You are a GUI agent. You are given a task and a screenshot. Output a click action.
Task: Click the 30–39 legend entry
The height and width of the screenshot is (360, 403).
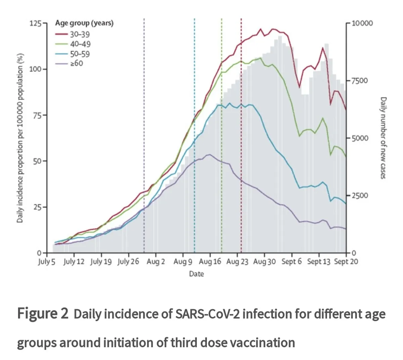(80, 34)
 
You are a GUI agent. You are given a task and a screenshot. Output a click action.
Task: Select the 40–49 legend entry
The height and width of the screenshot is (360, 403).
(80, 44)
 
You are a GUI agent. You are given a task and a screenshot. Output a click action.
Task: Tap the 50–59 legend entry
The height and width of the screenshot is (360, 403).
(80, 54)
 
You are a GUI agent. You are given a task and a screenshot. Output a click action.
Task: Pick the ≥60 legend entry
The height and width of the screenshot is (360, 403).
(77, 63)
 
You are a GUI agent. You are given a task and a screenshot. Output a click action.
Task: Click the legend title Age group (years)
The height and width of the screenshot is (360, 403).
(84, 23)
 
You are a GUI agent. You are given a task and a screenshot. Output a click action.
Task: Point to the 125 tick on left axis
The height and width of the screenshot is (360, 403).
(36, 23)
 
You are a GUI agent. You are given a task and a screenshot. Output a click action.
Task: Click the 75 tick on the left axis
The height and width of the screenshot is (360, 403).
(37, 115)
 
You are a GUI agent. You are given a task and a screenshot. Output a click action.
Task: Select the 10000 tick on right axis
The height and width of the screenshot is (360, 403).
(362, 23)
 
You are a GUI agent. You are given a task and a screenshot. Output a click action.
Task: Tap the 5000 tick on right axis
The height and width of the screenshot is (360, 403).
(360, 138)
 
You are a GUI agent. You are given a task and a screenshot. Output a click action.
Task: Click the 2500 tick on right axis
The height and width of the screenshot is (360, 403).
(360, 196)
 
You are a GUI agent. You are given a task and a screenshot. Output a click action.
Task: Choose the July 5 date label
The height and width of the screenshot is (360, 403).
(46, 262)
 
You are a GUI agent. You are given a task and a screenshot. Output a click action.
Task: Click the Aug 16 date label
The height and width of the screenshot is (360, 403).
(210, 262)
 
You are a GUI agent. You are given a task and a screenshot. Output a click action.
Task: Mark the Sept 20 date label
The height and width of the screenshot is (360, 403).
(346, 262)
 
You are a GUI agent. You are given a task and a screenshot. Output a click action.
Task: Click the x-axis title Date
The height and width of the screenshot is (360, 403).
(196, 274)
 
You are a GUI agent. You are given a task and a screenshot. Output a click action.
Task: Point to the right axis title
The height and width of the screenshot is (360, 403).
(383, 138)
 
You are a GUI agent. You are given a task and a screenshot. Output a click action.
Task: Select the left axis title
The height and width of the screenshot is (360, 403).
(20, 138)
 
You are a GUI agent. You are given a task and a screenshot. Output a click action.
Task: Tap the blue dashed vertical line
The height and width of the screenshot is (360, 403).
(194, 84)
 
